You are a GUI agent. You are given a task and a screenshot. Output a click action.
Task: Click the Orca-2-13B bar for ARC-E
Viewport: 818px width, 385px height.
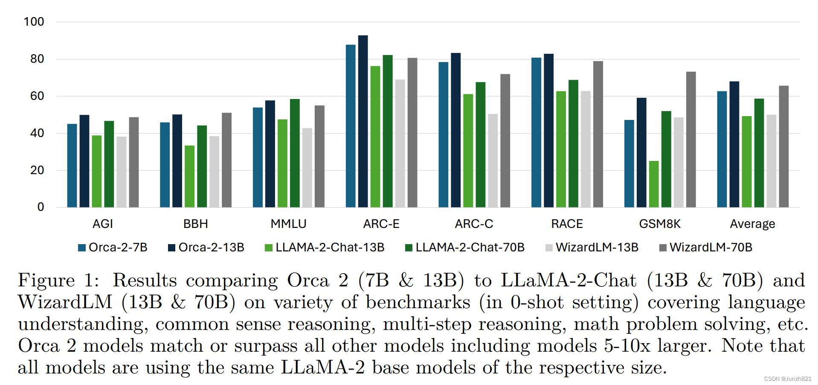363,122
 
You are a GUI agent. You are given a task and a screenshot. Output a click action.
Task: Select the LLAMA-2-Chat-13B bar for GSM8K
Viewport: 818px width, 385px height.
654,184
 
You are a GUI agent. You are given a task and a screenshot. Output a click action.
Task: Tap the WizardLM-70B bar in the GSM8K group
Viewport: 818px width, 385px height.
691,140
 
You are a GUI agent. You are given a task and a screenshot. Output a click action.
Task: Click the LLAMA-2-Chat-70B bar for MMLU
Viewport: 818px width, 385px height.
295,153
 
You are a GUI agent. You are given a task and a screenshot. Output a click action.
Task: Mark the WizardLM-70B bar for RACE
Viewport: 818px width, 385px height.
598,134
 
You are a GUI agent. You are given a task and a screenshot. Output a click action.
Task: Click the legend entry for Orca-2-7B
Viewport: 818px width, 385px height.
113,248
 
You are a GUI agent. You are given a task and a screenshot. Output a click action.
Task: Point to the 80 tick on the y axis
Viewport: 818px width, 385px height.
37,59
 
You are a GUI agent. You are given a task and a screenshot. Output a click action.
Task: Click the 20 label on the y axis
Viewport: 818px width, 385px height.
37,170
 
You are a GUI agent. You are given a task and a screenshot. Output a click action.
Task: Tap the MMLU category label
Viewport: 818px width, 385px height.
288,224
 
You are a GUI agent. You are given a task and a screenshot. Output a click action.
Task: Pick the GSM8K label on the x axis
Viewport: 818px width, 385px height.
660,224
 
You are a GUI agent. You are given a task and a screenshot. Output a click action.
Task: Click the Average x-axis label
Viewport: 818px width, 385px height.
752,224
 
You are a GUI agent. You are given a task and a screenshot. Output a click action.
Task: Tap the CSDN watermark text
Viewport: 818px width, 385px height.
787,379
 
